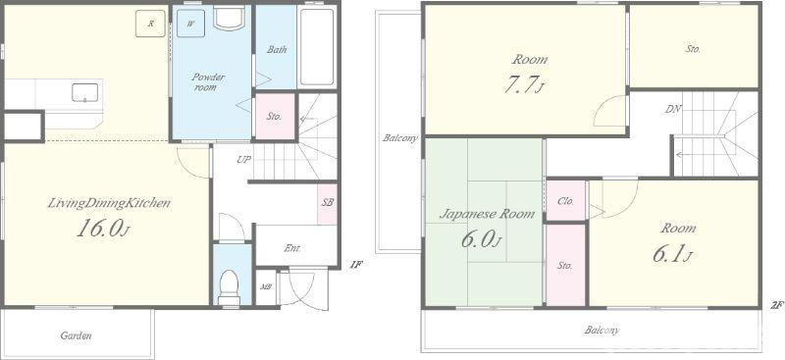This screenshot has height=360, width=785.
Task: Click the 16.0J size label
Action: pos(104,229)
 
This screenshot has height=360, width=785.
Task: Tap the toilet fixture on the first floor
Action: pos(230,287)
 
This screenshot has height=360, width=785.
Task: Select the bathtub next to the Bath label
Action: pos(317,46)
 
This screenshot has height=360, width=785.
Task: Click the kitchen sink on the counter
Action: pos(84,92)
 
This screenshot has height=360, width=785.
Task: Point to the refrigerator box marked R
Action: pos(150,23)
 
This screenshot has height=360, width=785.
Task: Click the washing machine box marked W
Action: pos(190,23)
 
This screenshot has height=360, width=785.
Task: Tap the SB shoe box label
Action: pos(328,203)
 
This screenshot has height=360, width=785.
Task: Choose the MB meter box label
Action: pos(265,287)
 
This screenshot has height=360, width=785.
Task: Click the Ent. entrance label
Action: pos(292,247)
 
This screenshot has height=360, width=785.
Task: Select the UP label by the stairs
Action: pos(243,160)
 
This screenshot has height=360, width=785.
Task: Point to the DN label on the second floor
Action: pos(673,109)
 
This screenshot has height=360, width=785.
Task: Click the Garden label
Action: pos(76,335)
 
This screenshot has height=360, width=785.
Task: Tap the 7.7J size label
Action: pos(524,84)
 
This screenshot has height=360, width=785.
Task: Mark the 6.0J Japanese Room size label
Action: pos(481,238)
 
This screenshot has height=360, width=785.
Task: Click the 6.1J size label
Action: pos(672,254)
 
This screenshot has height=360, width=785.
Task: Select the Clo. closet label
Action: pos(565,201)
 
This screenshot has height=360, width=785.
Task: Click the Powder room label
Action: pos(208,82)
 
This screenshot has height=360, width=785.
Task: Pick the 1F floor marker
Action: pos(355,265)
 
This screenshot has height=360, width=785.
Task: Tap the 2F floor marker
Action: pos(776,304)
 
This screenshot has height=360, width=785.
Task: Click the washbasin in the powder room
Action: pos(229,18)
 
